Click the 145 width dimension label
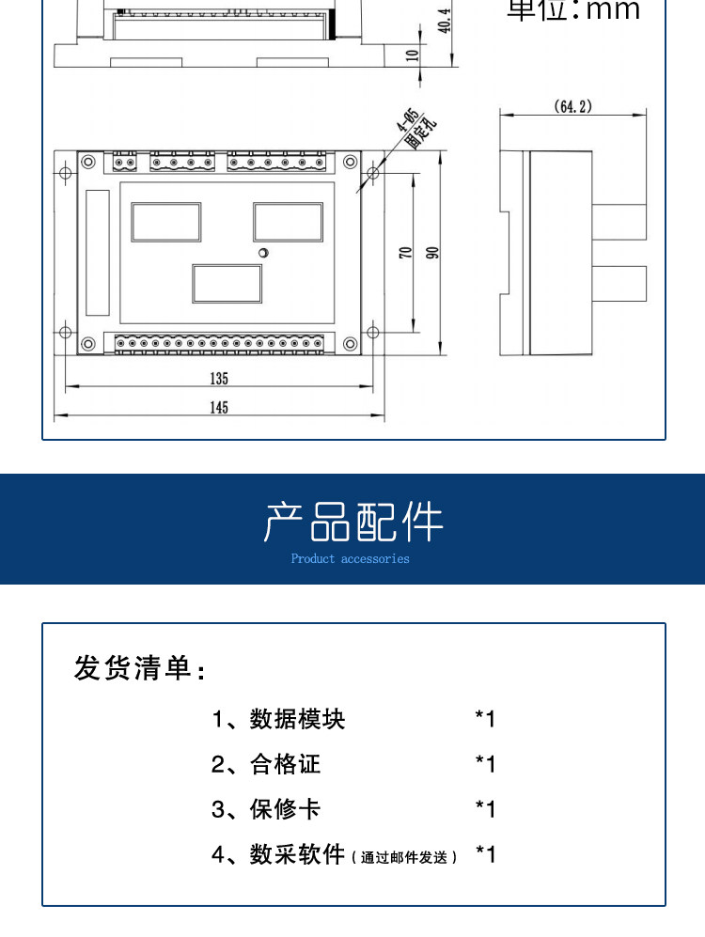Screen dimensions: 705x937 [218, 407]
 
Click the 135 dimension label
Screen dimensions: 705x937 [218, 379]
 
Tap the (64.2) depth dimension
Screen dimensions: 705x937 [572, 107]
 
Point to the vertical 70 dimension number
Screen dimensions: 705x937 [405, 253]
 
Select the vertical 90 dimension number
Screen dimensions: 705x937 [432, 253]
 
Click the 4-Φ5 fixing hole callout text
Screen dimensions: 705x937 [412, 129]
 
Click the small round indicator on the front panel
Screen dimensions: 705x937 [264, 253]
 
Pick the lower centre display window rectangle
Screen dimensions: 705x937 [227, 284]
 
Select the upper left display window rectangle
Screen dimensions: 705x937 [166, 222]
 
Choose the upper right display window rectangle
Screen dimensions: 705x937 [288, 222]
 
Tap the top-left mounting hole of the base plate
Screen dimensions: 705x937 [65, 173]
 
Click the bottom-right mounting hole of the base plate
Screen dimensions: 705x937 [372, 332]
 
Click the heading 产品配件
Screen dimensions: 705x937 [352, 523]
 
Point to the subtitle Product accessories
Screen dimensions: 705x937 [351, 558]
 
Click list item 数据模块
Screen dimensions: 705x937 [297, 720]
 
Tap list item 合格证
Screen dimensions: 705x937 [285, 765]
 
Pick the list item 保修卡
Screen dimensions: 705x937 [285, 809]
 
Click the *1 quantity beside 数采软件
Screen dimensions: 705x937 [485, 854]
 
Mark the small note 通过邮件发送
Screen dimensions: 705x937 [405, 857]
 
